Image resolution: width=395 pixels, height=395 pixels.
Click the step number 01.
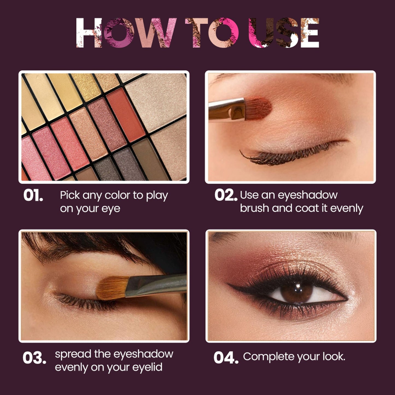[33, 195]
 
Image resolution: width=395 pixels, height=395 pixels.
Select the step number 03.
[34, 358]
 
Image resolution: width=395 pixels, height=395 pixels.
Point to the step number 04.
[226, 358]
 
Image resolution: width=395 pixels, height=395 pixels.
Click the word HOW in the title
[126, 33]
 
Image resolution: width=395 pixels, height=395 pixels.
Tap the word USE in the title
[284, 33]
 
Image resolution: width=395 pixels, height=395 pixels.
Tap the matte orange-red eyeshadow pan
[126, 115]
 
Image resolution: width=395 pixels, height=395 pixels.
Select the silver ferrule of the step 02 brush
[227, 110]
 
